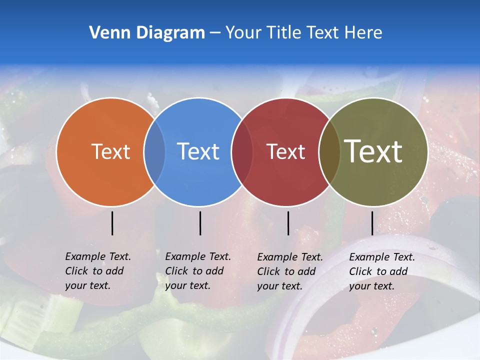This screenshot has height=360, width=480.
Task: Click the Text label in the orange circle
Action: (x=110, y=151)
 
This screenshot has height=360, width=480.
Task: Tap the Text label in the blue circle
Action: (x=198, y=151)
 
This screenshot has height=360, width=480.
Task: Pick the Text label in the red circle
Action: (x=285, y=151)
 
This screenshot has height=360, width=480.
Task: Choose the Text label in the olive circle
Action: (x=373, y=151)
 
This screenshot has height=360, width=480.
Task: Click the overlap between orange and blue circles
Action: (x=154, y=151)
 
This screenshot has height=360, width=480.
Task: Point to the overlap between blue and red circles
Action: (x=242, y=151)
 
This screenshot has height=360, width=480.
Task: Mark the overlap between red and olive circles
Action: (x=329, y=151)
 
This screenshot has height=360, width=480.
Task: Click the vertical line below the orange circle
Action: (x=112, y=223)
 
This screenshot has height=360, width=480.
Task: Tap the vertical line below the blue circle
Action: (x=200, y=223)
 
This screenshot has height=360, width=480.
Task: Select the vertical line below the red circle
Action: (x=288, y=223)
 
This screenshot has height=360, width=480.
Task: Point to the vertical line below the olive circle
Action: (x=372, y=223)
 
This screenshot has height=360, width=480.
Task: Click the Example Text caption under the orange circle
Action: (x=98, y=271)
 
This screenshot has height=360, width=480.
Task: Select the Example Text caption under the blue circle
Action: (x=198, y=271)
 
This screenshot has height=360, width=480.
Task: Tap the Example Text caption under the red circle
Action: (x=290, y=271)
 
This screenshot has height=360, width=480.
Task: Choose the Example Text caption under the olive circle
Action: (x=382, y=271)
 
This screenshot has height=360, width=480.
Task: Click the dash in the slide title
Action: (x=214, y=33)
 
